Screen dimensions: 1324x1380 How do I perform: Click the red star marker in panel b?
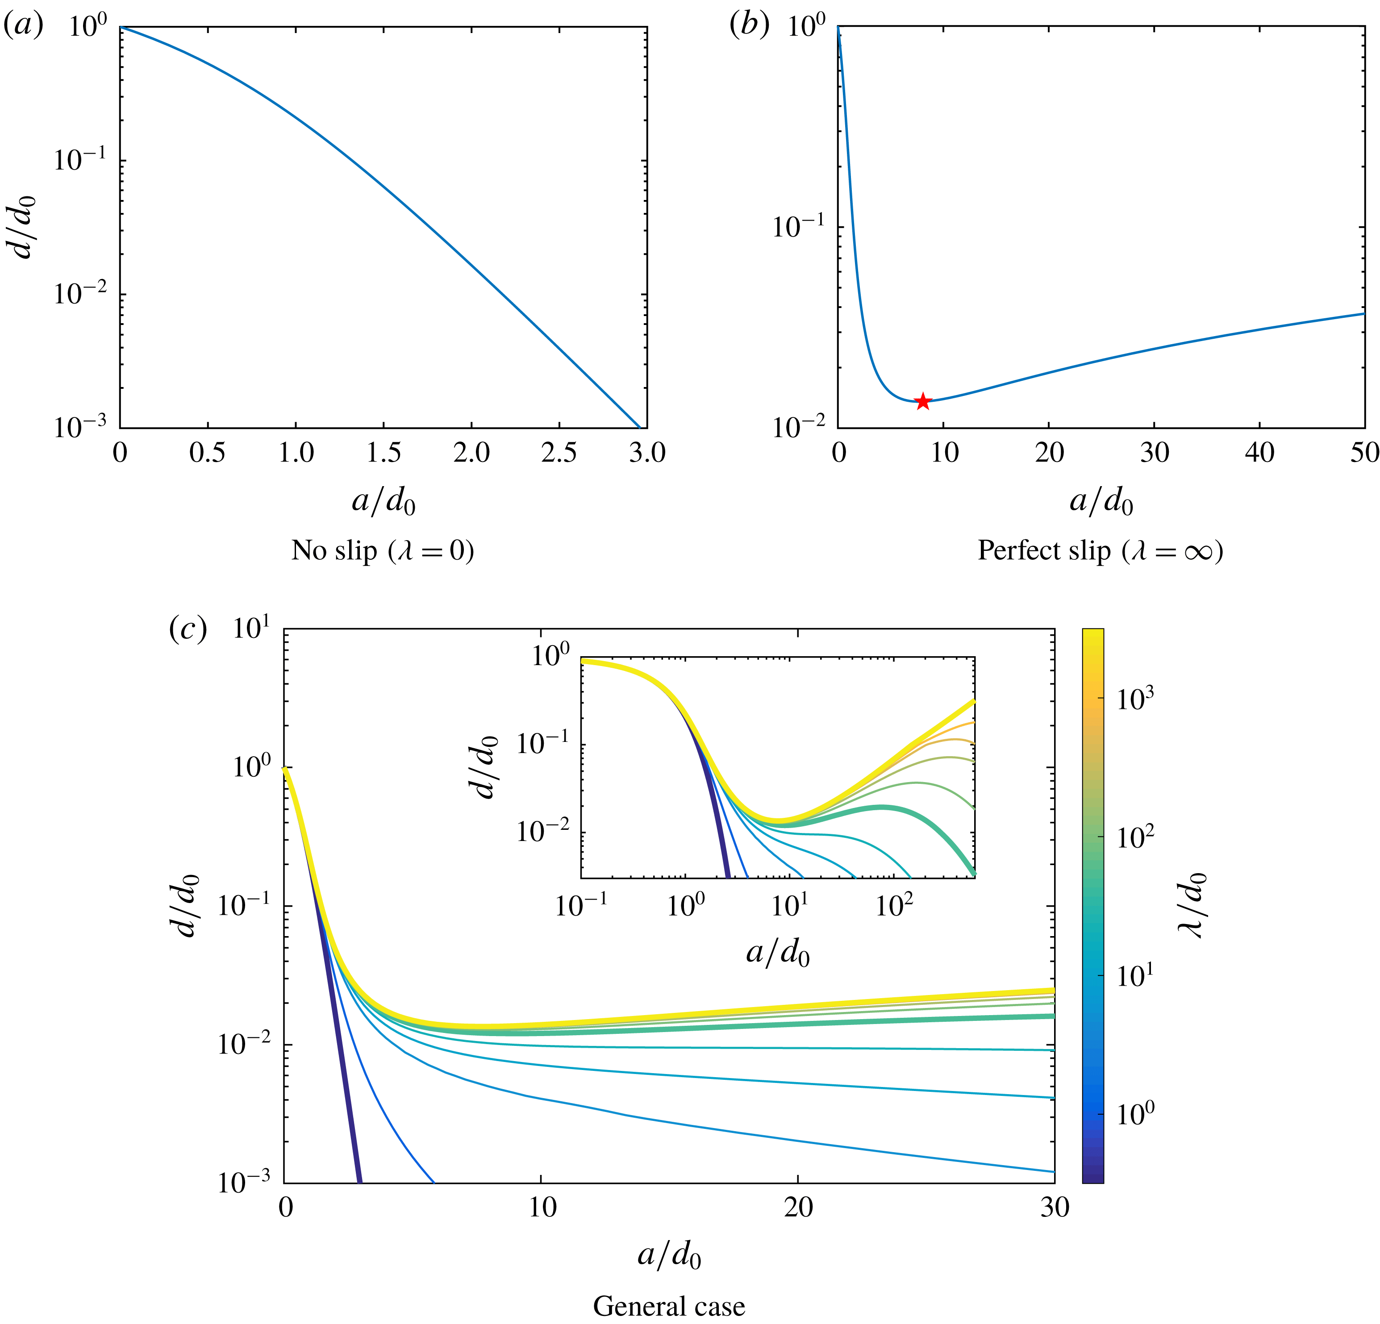coord(922,402)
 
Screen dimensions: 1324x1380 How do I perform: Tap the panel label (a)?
coord(23,26)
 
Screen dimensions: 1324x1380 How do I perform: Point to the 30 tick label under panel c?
coord(1055,1208)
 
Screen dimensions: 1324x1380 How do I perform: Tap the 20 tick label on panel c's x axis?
coord(798,1208)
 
